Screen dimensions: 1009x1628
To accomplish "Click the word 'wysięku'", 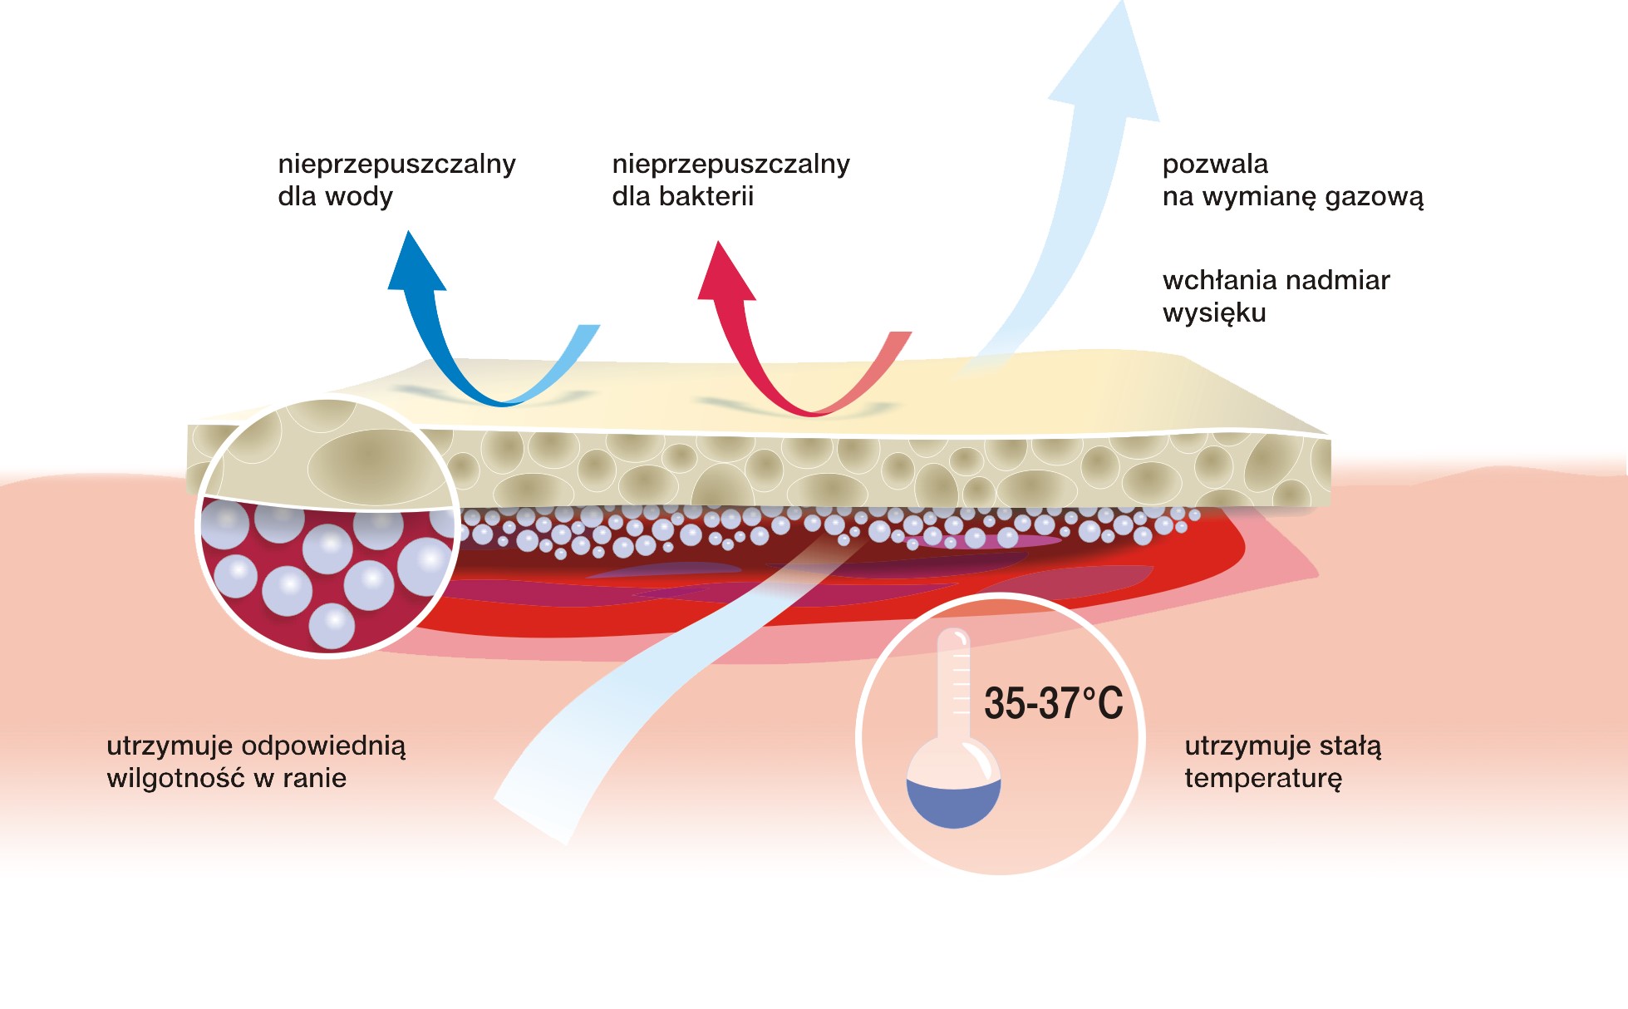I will tap(1214, 313).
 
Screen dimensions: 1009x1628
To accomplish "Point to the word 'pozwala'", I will tap(1215, 164).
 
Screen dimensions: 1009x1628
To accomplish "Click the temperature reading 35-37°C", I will tap(1053, 703).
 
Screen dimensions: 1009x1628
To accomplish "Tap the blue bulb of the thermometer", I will tap(953, 801).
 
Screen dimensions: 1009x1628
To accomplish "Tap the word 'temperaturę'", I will tap(1263, 779).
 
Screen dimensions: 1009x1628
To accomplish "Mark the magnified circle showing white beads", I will tap(327, 528).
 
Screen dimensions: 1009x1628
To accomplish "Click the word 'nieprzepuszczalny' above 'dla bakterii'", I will tap(730, 164).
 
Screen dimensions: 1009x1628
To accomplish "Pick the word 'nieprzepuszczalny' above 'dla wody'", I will tap(396, 164).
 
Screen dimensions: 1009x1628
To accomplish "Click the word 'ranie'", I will tap(314, 779).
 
